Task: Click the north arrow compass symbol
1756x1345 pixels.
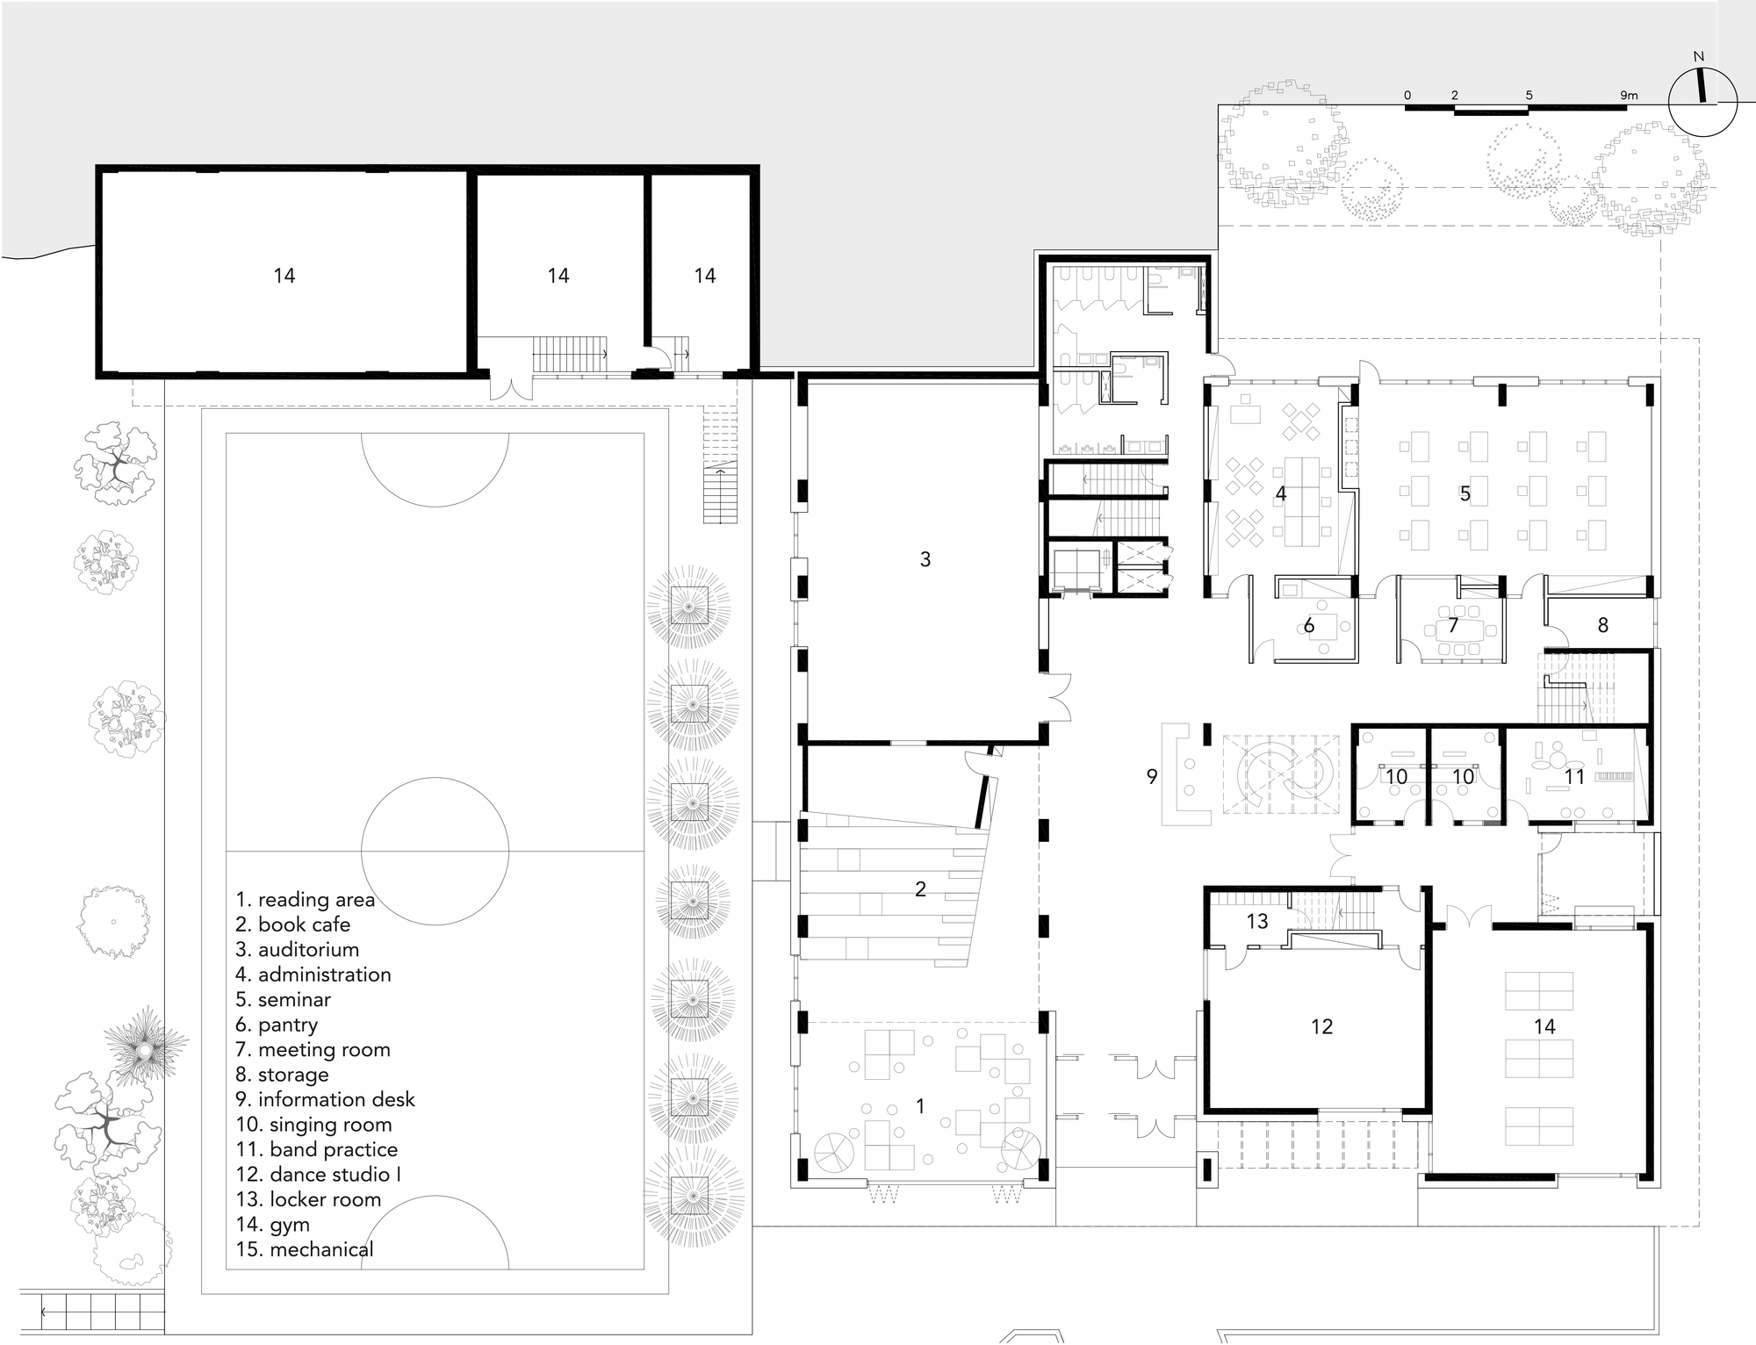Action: (1702, 102)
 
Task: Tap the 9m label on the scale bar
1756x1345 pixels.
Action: (1628, 95)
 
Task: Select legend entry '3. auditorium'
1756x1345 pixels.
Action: (298, 949)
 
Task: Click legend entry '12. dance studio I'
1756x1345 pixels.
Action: (318, 1174)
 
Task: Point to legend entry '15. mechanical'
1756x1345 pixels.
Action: (305, 1248)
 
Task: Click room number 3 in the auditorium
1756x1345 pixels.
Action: (925, 559)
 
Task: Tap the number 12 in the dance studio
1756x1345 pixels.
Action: (1321, 1026)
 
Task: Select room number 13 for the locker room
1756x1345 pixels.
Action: (1257, 921)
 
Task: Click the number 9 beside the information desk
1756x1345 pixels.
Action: (1152, 776)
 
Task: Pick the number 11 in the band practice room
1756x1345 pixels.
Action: (1574, 777)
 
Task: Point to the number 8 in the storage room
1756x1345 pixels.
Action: (1602, 625)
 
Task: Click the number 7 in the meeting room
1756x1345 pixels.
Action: (1453, 625)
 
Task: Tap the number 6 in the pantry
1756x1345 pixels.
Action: (1308, 625)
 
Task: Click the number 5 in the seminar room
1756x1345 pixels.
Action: (1465, 493)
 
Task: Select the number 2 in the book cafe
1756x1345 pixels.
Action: (920, 889)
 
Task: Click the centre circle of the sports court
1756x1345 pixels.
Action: (435, 851)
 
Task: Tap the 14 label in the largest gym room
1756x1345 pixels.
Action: (284, 276)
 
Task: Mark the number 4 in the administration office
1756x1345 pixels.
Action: (1280, 494)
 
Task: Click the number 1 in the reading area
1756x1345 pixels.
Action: (920, 1106)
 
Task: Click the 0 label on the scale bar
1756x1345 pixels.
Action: (1407, 95)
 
